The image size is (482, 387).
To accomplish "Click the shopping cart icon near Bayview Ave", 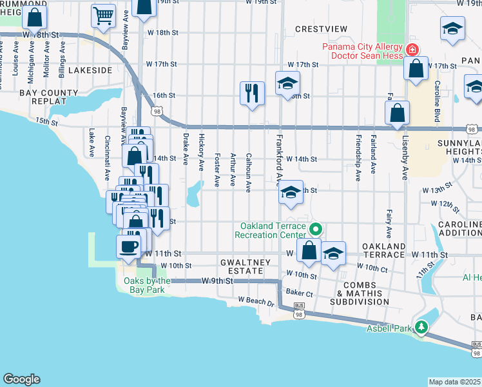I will click(x=103, y=16).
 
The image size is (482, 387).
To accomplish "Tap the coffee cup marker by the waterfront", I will click(x=128, y=246).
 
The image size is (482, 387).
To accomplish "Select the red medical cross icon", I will click(x=410, y=50).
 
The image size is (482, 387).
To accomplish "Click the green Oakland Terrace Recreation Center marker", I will click(x=316, y=229).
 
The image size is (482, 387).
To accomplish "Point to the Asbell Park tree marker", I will click(x=421, y=328).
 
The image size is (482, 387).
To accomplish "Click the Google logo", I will click(x=21, y=379).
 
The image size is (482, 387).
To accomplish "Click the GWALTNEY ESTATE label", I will click(x=242, y=267).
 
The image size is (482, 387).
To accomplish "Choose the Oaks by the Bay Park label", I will click(x=144, y=285).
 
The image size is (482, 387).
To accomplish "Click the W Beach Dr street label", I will click(x=256, y=301).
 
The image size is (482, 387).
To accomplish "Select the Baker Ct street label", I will click(x=300, y=293).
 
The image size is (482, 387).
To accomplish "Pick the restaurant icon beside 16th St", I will click(x=251, y=93).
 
